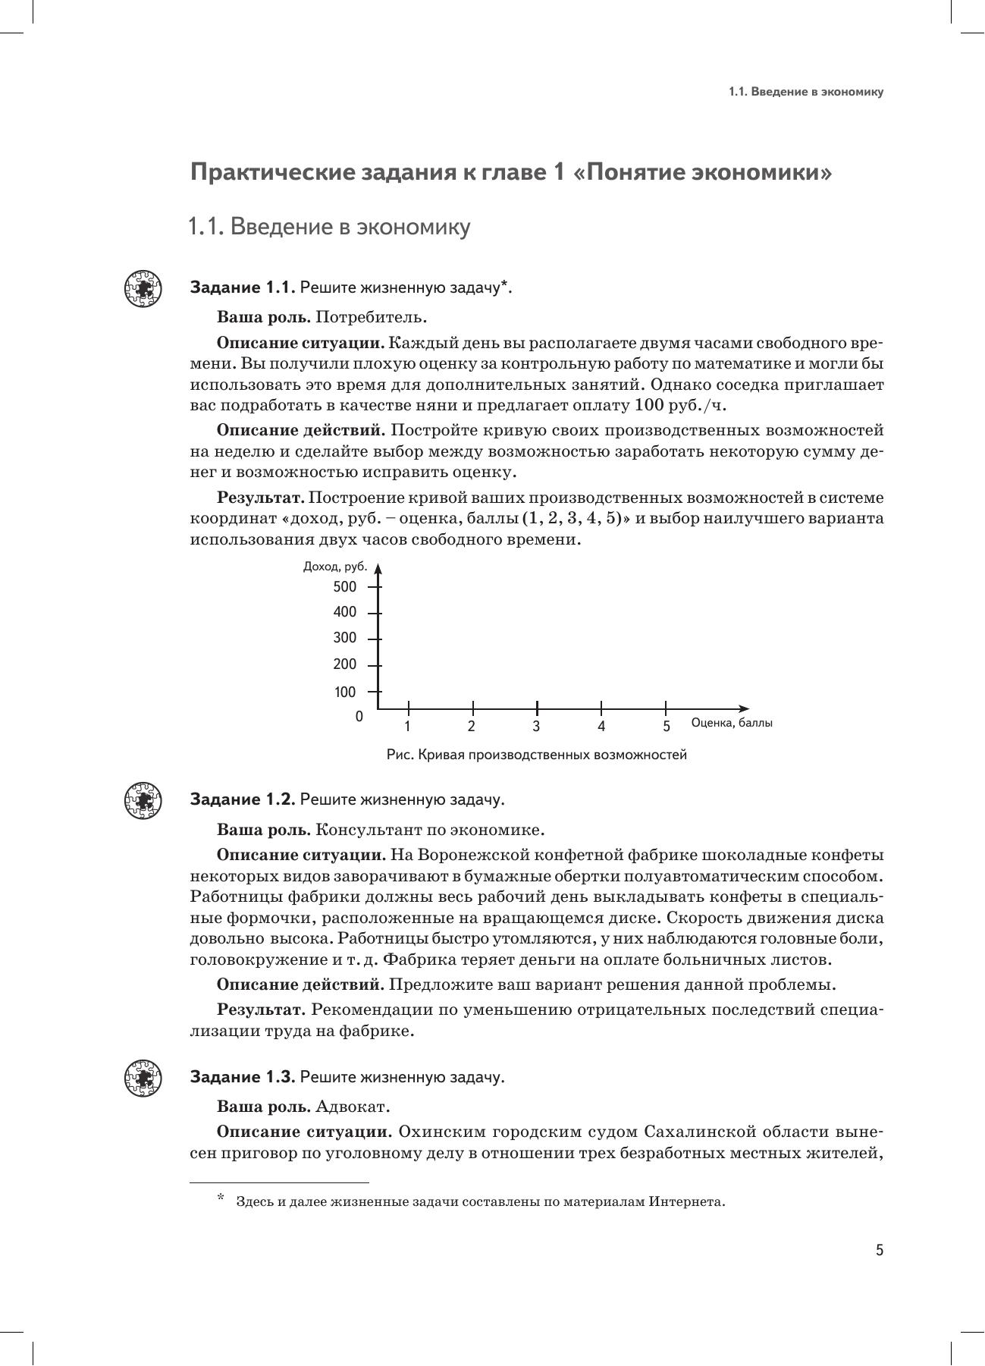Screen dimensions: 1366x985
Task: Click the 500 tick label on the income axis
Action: pyautogui.click(x=344, y=586)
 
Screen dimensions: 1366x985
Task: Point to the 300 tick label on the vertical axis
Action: pyautogui.click(x=344, y=639)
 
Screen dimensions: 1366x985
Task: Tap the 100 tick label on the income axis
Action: pyautogui.click(x=344, y=692)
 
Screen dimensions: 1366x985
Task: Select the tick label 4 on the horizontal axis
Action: pyautogui.click(x=601, y=727)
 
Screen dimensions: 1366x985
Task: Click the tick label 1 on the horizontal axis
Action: pyautogui.click(x=407, y=727)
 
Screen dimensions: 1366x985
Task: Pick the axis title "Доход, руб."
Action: pyautogui.click(x=334, y=567)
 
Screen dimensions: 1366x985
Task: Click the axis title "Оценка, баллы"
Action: pyautogui.click(x=732, y=723)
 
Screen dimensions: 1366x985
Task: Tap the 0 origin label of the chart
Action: pyautogui.click(x=359, y=717)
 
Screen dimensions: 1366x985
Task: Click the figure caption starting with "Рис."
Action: pyautogui.click(x=536, y=755)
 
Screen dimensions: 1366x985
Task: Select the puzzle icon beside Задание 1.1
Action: pyautogui.click(x=143, y=288)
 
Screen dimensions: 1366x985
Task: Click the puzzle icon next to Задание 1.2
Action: pyautogui.click(x=143, y=800)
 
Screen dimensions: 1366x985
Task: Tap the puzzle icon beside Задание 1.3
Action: pyautogui.click(x=143, y=1078)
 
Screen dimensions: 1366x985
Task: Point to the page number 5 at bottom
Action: pyautogui.click(x=880, y=1251)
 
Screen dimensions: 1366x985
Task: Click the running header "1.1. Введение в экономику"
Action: pyautogui.click(x=806, y=92)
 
